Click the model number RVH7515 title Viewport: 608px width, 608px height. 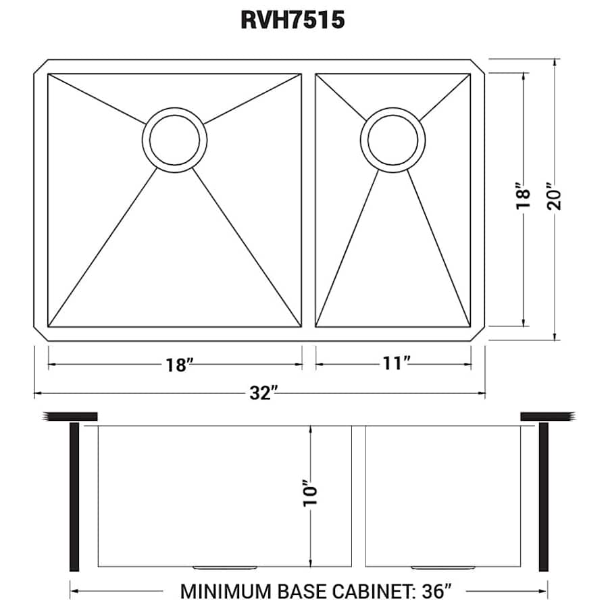point(293,20)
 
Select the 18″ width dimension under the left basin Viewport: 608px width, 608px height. point(180,365)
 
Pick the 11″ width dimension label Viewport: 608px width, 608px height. point(396,364)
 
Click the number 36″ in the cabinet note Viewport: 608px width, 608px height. point(433,591)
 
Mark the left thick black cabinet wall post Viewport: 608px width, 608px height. point(74,497)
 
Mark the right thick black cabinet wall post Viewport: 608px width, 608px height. point(543,497)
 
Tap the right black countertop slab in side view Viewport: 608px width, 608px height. point(546,415)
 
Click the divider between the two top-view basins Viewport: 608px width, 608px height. point(308,200)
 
